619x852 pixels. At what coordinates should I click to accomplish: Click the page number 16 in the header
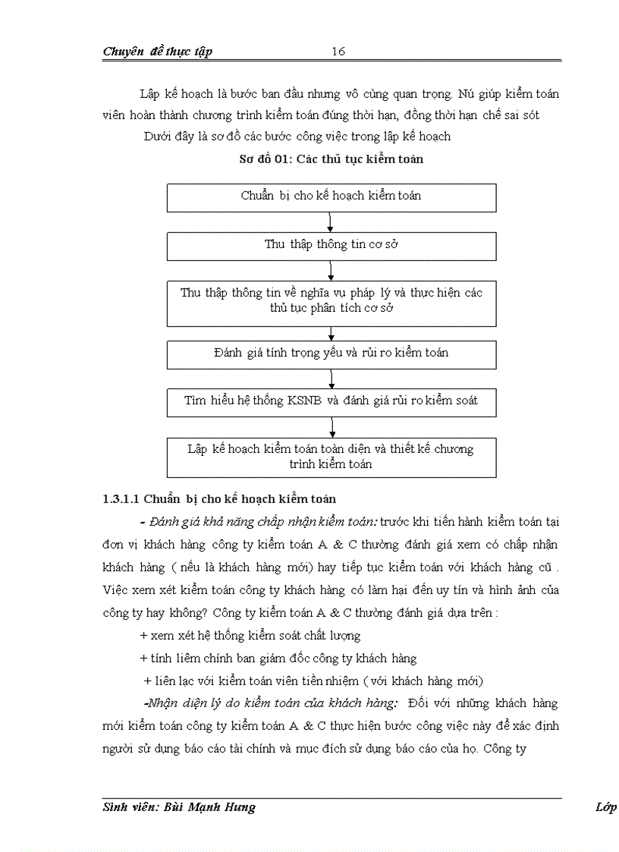tap(338, 52)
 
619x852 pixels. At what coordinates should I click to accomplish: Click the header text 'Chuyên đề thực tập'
tap(157, 52)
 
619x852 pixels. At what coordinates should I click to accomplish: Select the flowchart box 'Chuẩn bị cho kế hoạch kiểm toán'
tap(331, 196)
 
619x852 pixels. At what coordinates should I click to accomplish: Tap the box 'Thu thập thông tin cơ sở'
tap(331, 245)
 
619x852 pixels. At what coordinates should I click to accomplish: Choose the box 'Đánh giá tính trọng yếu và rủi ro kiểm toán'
tap(331, 353)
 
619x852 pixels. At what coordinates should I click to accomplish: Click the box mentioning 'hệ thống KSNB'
tap(331, 401)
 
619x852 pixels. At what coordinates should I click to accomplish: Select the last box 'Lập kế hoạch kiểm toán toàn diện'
tap(331, 456)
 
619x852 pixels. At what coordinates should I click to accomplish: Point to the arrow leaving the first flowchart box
tap(331, 222)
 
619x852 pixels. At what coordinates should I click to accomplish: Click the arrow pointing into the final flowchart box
tap(332, 427)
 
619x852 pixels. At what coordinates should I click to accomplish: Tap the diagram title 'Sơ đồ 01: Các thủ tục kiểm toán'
tap(331, 160)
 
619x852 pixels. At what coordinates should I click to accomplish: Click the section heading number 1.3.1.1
tap(121, 499)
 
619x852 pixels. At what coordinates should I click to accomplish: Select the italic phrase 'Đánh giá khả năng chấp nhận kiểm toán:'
tap(263, 522)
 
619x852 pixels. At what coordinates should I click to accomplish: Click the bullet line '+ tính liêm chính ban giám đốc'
tap(278, 659)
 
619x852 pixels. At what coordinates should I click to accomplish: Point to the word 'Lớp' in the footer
tap(605, 807)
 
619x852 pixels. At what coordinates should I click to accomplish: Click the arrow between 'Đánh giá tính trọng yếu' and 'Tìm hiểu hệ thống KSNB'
tap(331, 379)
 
